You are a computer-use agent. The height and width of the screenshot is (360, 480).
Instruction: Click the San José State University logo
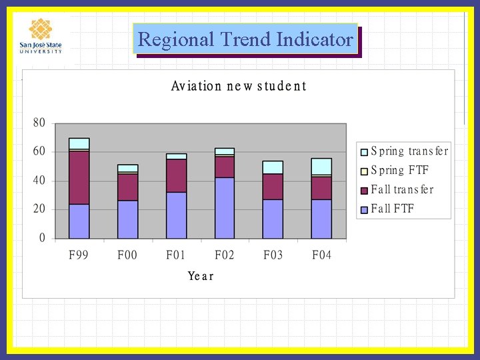coord(41,36)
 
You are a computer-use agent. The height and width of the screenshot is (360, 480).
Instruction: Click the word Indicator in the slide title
coord(315,40)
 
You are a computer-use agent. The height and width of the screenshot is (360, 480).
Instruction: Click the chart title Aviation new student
coord(239,86)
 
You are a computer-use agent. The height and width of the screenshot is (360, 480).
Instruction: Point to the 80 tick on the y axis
coord(39,123)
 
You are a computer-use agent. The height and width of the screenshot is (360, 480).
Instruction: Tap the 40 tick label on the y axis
coord(39,181)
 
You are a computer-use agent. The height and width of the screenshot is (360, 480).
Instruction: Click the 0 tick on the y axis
coord(43,238)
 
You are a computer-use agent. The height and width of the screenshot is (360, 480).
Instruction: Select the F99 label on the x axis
coord(79,256)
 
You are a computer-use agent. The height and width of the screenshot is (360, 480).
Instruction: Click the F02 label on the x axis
coord(225,256)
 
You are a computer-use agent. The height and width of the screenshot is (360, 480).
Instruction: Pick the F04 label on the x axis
coord(321,256)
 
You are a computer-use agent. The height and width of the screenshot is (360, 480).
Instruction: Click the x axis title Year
coord(201,276)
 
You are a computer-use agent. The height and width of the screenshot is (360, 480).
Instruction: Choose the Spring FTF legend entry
coord(399,170)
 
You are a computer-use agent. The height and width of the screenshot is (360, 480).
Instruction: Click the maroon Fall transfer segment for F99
coord(79,177)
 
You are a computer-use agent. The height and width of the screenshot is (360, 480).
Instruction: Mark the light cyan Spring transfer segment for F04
coord(321,166)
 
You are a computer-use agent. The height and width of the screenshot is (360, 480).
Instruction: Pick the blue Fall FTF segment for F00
coord(127,219)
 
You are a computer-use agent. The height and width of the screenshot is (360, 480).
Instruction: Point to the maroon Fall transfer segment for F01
coord(176,175)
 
